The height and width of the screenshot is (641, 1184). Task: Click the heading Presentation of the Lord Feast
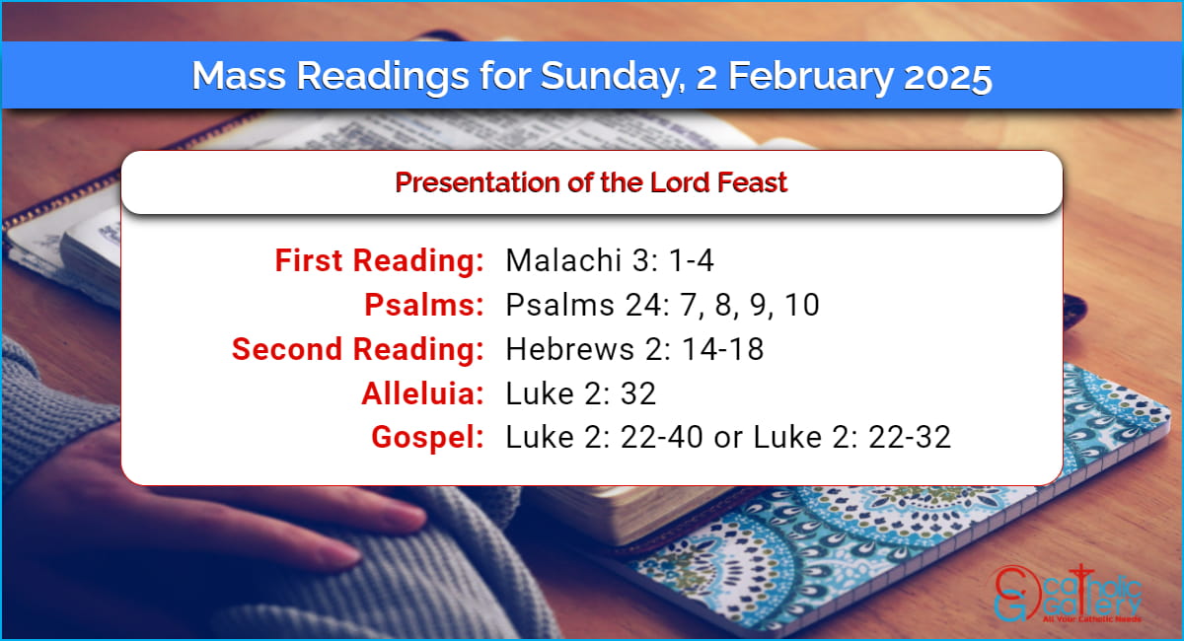[591, 182]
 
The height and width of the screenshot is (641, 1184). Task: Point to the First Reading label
[379, 261]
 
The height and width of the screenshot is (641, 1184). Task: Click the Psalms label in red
[423, 306]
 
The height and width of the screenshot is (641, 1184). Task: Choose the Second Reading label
[357, 349]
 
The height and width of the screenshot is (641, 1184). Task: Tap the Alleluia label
[422, 393]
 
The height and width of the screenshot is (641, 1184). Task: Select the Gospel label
[427, 438]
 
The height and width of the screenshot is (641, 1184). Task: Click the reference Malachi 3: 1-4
[610, 261]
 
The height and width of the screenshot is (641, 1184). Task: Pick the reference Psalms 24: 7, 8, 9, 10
[662, 306]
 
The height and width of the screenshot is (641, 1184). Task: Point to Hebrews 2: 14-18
[634, 349]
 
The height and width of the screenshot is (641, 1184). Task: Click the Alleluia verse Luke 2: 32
[581, 393]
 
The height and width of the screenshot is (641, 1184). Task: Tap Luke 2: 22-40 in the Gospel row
[604, 438]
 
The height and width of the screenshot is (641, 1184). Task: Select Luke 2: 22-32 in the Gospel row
[851, 438]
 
